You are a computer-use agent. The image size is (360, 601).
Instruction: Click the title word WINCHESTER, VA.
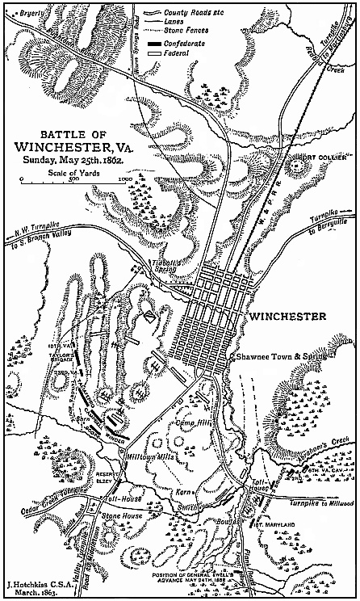74,147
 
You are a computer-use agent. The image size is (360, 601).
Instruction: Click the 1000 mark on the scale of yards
123,179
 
